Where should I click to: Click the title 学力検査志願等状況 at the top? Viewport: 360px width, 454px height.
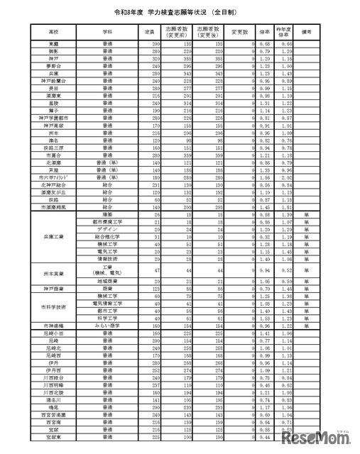[x=179, y=13]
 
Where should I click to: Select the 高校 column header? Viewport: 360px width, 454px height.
[x=54, y=32]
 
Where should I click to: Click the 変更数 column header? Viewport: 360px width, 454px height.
[x=240, y=32]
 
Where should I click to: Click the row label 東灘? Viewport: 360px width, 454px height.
[x=54, y=44]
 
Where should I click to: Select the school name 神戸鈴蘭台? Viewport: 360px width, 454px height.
[x=54, y=81]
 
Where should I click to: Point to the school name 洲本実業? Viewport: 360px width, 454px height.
[x=54, y=274]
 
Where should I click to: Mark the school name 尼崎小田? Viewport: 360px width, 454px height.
[x=54, y=332]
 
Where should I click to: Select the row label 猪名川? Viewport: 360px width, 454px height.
[x=54, y=401]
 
